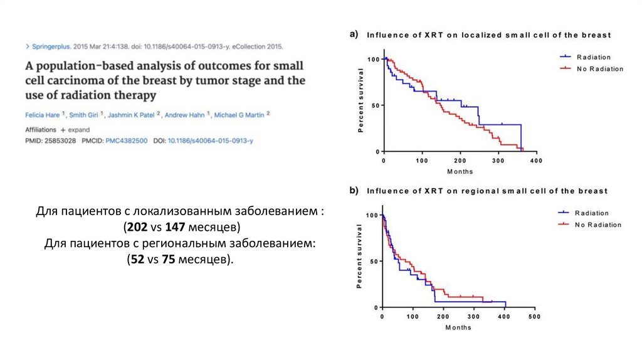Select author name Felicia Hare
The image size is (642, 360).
coord(43,115)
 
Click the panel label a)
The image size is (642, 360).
coord(354,34)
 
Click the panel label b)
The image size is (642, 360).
coord(354,190)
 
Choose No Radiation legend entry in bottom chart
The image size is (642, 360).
coord(599,225)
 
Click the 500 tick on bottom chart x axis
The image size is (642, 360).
coord(534,317)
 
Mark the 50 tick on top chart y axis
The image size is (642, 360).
coord(375,105)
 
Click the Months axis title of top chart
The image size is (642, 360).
coord(460,171)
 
